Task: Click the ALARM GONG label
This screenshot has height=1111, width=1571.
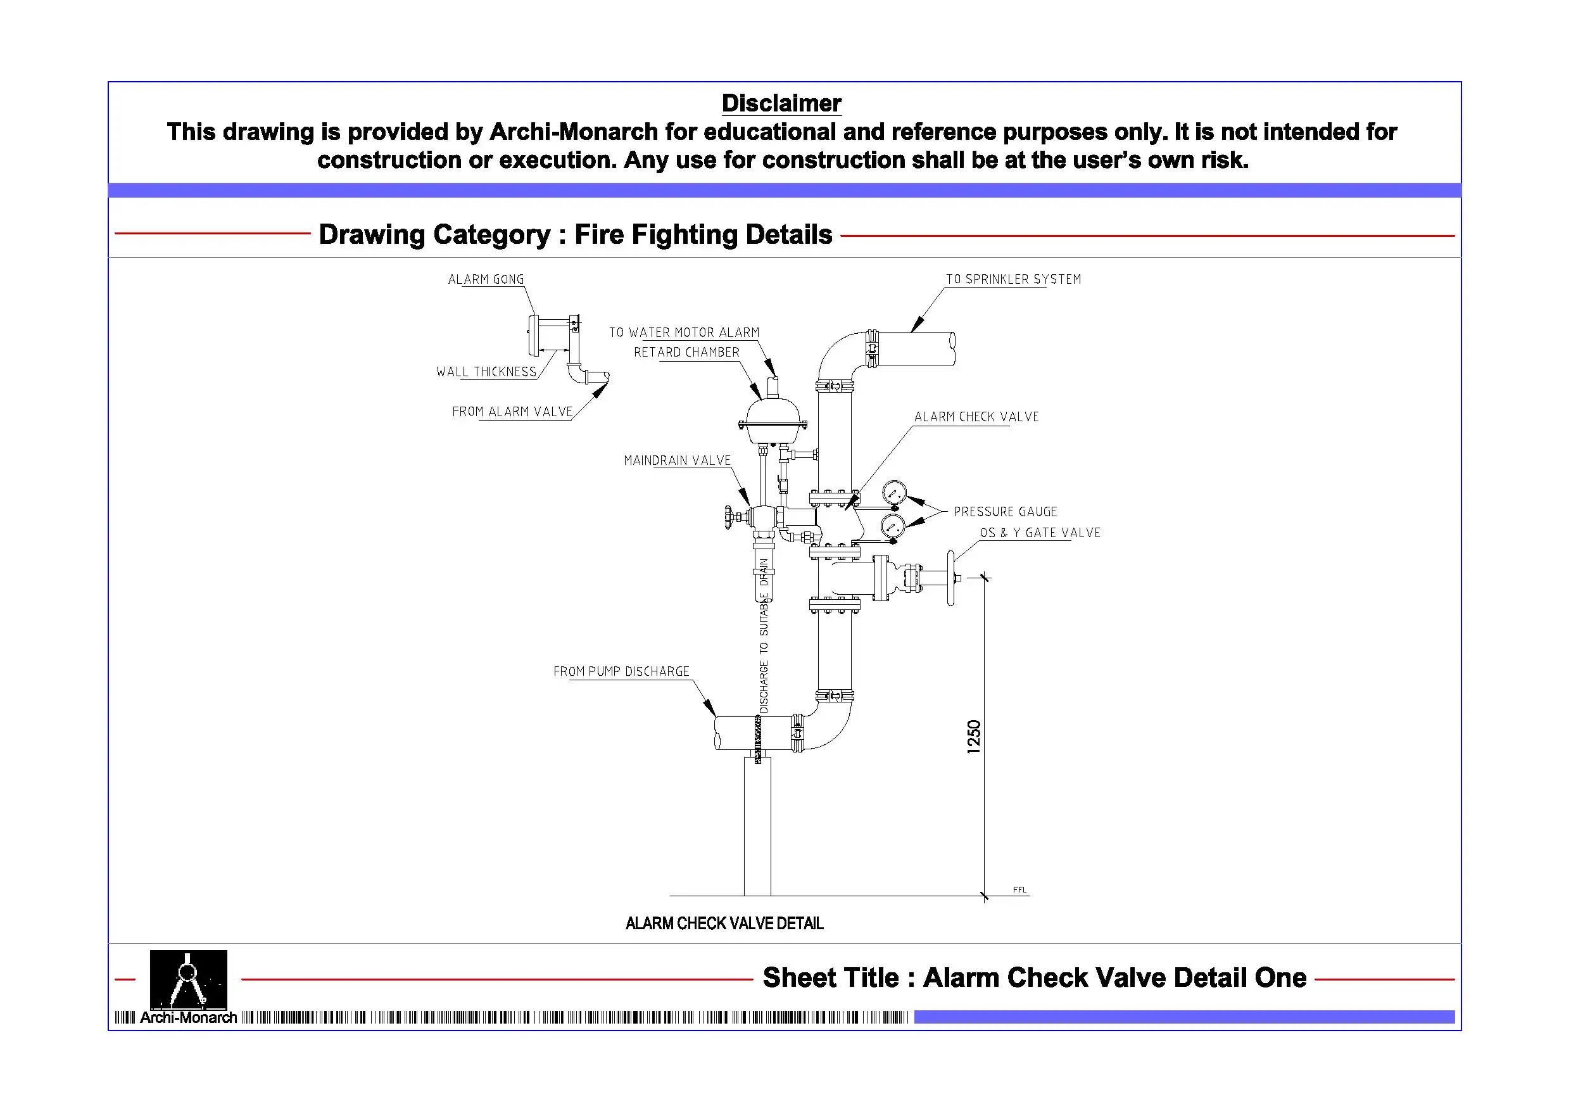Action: point(486,279)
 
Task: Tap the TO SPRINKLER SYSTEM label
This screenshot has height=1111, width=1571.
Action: point(1013,279)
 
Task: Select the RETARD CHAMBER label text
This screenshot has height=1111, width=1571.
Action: point(686,353)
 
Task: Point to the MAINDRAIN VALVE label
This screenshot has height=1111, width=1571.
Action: point(677,460)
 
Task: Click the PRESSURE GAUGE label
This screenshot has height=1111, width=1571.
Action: point(1005,512)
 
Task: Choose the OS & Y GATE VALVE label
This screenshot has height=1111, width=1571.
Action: point(1040,533)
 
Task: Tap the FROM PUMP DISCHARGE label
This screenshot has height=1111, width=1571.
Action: point(621,671)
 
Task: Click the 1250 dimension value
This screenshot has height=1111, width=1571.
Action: point(974,737)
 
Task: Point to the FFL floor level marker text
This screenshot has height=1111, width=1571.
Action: point(1019,890)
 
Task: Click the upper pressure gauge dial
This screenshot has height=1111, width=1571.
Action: point(894,492)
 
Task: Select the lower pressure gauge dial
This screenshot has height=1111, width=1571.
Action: point(892,526)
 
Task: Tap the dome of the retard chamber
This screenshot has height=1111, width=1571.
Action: point(773,413)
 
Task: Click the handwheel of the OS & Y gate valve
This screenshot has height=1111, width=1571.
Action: point(950,578)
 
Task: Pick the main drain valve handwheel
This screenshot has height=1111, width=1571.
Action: point(729,517)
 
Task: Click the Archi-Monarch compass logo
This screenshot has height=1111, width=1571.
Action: point(188,980)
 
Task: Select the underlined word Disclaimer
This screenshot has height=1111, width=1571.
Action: point(781,103)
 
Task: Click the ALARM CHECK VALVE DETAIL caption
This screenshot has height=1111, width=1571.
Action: point(724,924)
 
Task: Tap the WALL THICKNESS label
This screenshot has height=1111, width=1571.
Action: point(486,372)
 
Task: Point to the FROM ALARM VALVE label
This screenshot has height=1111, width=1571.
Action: point(512,412)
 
